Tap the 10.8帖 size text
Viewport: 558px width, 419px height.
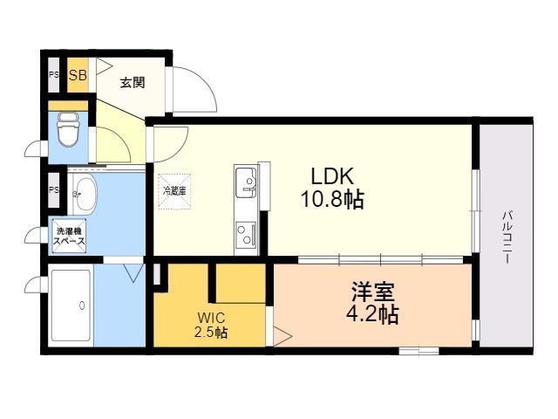333,200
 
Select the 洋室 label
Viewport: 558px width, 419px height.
372,289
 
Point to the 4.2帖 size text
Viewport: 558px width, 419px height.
372,313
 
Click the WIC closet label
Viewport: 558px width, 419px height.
209,319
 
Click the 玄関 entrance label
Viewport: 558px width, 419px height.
133,83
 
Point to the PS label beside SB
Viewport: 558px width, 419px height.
53,74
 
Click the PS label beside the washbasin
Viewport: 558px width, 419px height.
53,190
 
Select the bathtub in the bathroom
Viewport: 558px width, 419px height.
71,306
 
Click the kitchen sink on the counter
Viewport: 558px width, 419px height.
247,182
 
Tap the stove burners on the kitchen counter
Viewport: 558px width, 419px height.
246,233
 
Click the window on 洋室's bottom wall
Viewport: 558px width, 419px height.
418,350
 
